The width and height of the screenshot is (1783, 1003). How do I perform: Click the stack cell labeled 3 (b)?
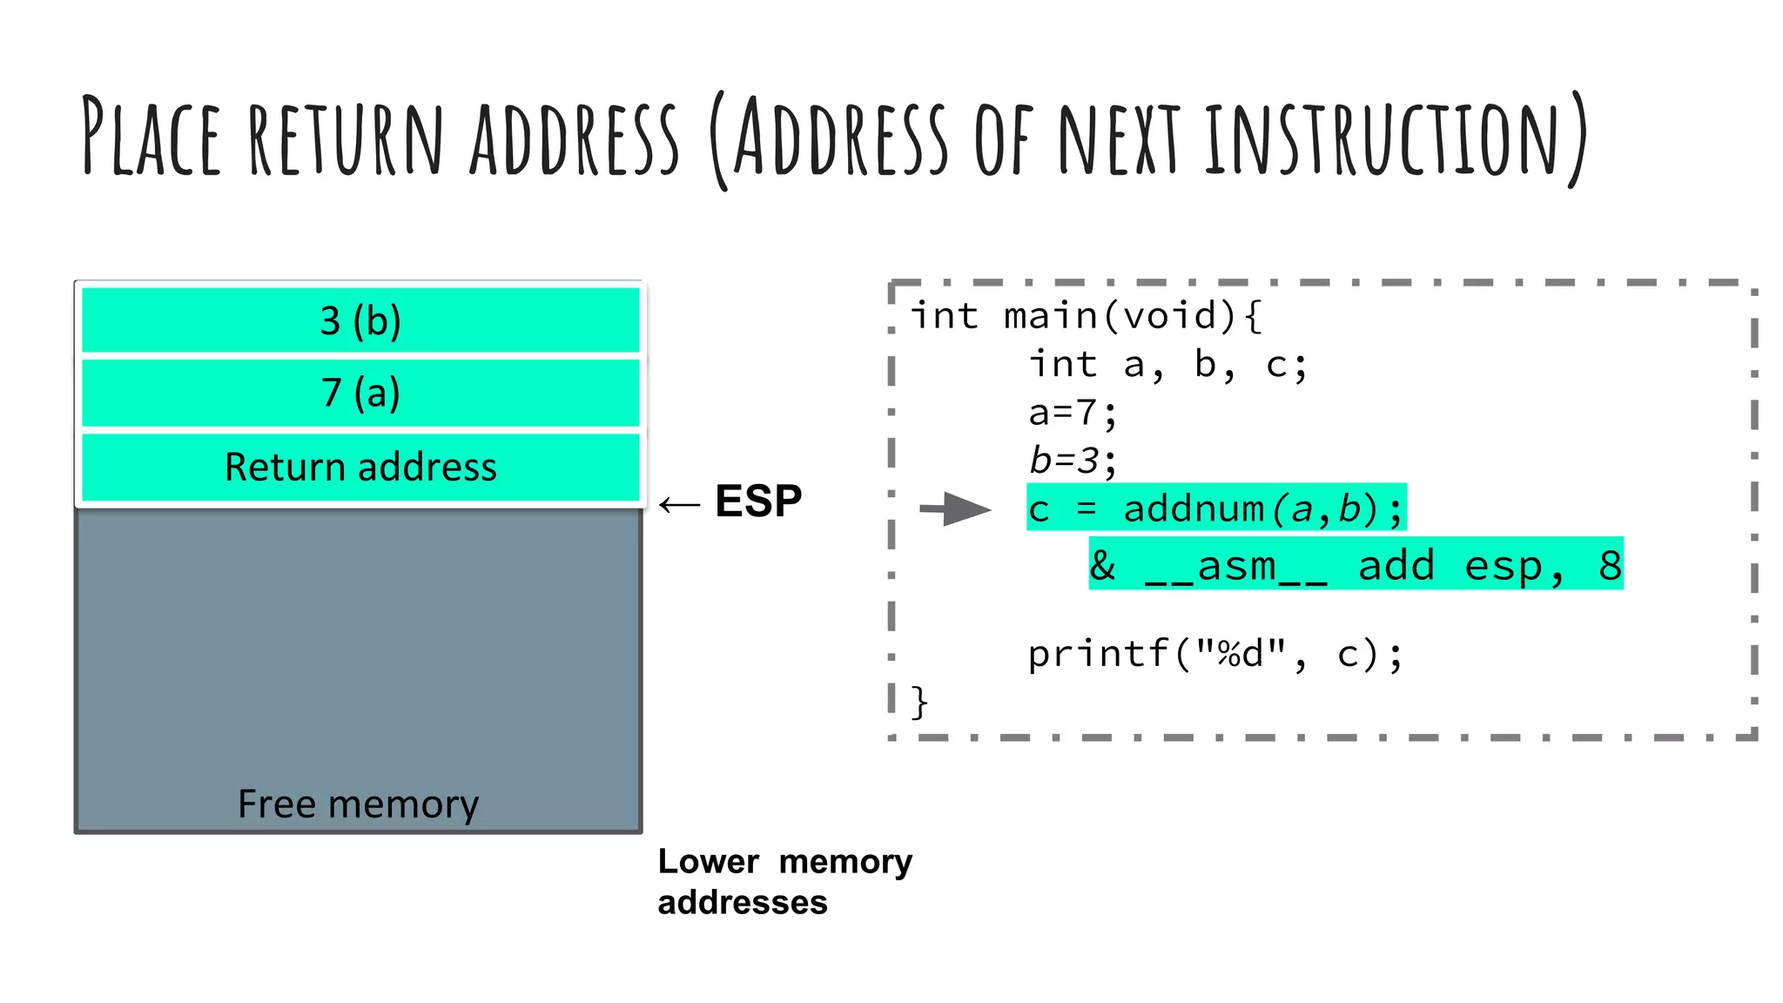pos(360,320)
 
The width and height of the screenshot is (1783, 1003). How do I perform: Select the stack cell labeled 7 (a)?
pos(360,393)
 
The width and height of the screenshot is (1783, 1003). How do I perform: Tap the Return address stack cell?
pos(360,468)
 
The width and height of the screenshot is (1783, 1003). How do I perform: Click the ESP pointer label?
pos(757,501)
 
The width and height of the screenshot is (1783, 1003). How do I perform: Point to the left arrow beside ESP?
pos(679,504)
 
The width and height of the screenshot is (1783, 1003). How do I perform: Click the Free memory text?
pos(358,804)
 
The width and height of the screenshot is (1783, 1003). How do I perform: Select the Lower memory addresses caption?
pos(784,881)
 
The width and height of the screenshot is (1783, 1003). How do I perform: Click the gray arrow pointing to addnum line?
pos(956,508)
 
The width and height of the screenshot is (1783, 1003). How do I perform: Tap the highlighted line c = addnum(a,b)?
pos(1215,508)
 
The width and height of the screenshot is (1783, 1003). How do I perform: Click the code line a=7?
pos(1072,413)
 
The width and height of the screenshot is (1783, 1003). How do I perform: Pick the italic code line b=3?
pos(1072,461)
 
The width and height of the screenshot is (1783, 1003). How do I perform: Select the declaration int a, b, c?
pos(1167,365)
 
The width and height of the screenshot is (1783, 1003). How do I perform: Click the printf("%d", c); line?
pos(1214,654)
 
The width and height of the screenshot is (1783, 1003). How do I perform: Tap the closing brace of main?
pos(918,702)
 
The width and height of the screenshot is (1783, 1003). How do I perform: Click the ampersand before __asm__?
pos(1102,565)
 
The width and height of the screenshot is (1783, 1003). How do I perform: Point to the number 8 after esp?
pos(1609,565)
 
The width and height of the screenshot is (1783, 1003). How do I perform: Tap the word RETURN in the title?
pos(346,138)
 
